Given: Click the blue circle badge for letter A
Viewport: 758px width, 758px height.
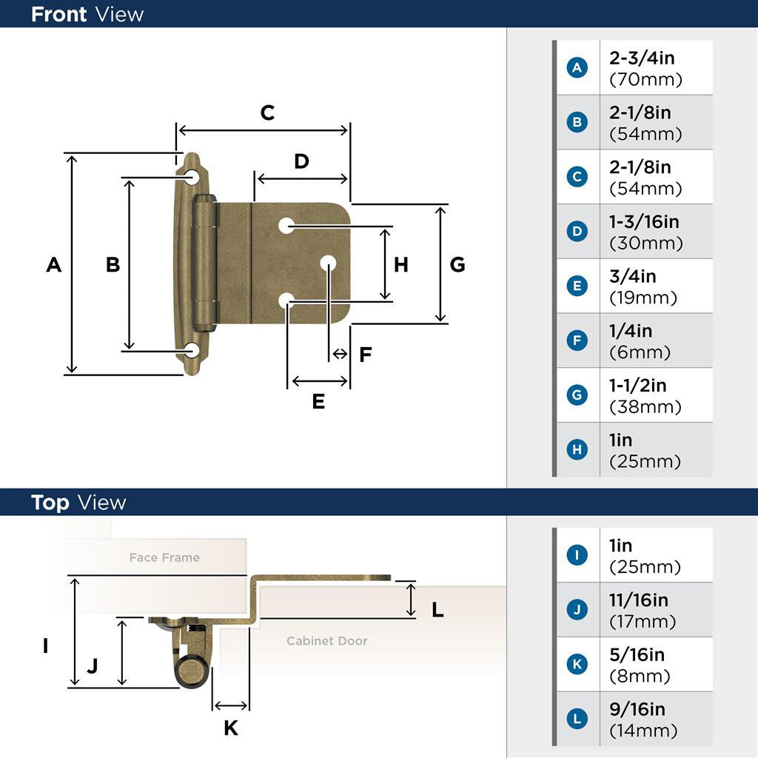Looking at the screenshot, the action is coord(577,67).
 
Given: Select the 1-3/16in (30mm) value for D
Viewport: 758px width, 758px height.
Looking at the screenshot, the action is coord(645,232).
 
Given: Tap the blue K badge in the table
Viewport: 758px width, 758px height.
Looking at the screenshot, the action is coord(577,664).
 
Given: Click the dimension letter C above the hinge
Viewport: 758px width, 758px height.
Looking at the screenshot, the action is coord(267,113).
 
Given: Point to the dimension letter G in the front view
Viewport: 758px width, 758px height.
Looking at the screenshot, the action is coord(457,264).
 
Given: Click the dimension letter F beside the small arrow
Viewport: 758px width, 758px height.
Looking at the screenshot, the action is coord(366,355).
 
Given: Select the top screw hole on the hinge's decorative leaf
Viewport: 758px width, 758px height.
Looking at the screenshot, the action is coord(192,176).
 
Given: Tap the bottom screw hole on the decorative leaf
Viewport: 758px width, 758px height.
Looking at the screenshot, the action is coord(192,350).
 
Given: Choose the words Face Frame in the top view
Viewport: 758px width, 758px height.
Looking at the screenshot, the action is coord(164,557).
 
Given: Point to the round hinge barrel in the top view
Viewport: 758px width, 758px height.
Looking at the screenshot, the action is coord(192,671).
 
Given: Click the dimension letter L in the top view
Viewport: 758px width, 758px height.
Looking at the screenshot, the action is coord(437,610).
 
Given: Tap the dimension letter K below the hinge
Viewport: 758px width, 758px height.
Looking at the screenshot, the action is coord(231,728).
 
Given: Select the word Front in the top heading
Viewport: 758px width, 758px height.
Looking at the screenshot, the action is coord(58,15).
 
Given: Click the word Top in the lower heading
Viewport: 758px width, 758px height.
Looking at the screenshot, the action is coord(50,503).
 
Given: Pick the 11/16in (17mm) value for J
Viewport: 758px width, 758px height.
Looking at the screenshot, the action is coord(642,610).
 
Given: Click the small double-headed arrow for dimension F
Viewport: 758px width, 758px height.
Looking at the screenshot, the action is coord(340,354).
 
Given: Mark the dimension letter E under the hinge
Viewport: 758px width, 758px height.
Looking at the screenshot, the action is coord(318,401).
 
